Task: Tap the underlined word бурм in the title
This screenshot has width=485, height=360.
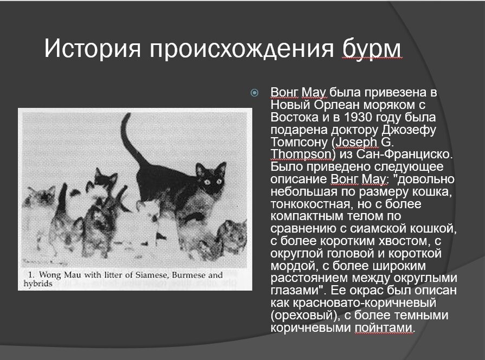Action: [x=372, y=49]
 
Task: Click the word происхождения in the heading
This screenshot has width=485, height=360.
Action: [x=242, y=50]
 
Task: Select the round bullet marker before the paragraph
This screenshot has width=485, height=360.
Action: [x=255, y=93]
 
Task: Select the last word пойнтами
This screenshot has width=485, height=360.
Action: [x=384, y=328]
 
